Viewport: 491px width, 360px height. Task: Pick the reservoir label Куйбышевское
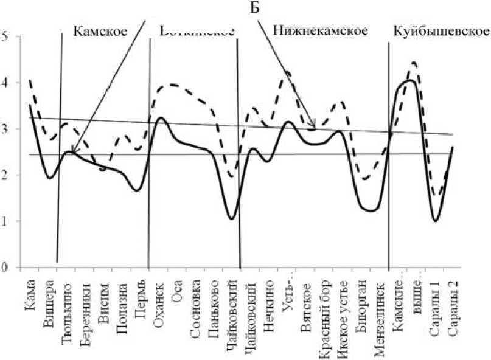click(x=441, y=30)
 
